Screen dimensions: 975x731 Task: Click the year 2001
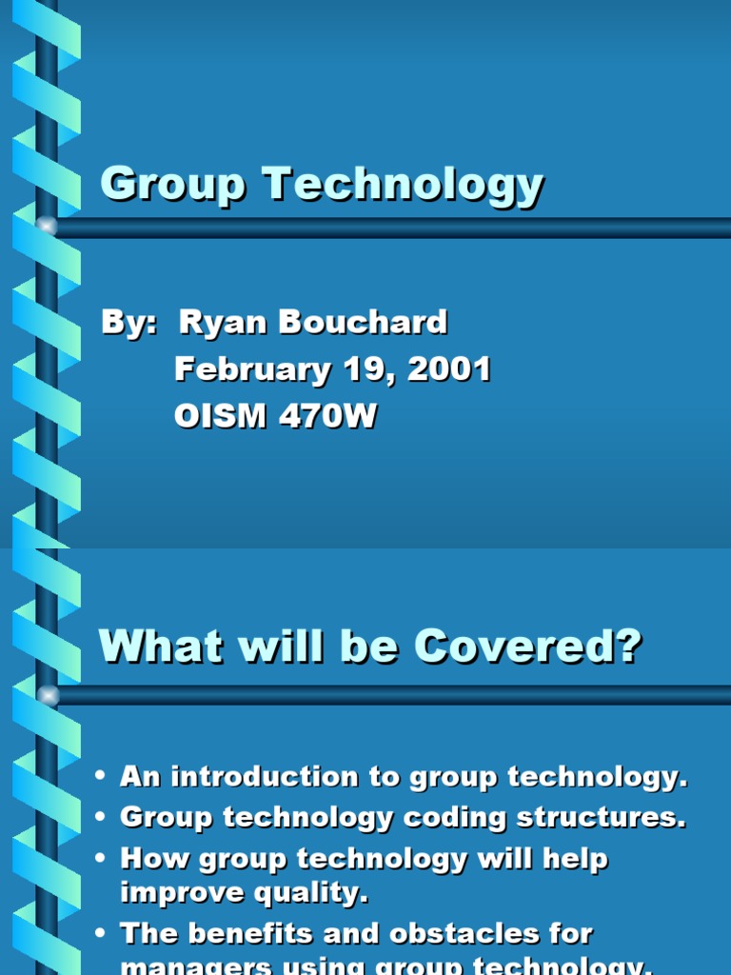point(449,369)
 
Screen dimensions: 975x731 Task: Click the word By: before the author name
point(128,322)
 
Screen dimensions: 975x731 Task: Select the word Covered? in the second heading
point(527,647)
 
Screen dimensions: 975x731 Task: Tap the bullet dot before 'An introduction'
point(100,778)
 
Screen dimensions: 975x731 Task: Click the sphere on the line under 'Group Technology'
point(46,227)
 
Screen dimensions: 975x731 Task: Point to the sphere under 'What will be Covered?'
point(46,695)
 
